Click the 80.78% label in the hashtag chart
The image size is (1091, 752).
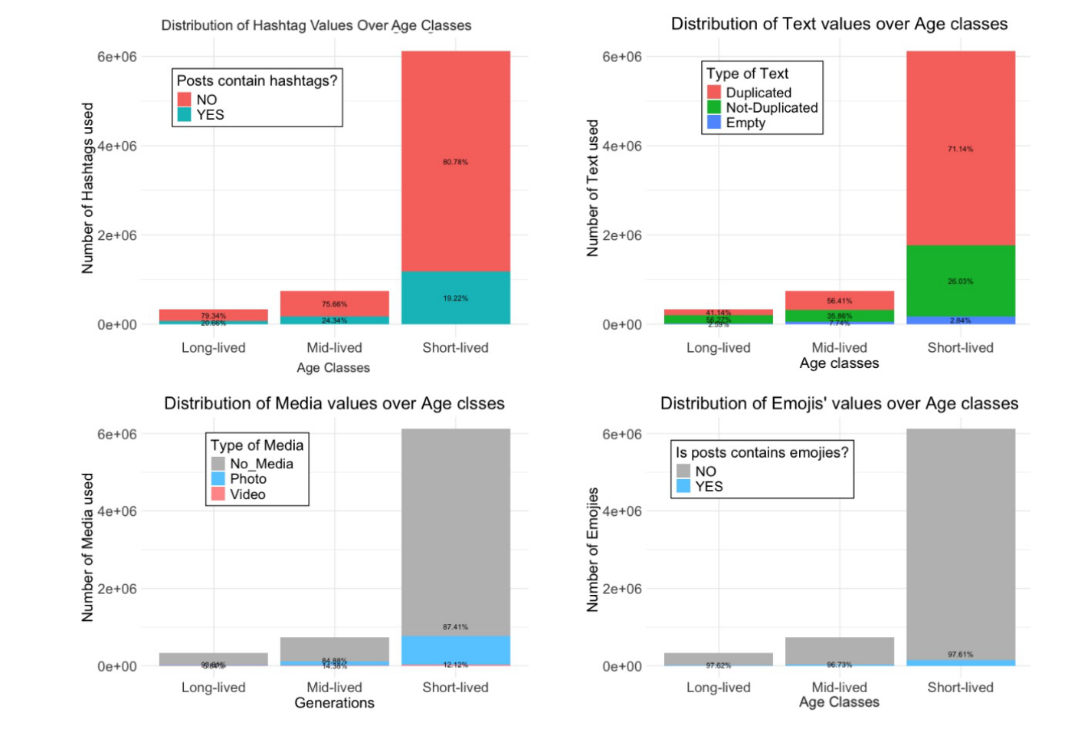tap(455, 162)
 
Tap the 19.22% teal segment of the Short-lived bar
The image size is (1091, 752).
tap(455, 298)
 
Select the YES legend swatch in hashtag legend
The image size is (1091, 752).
tap(184, 115)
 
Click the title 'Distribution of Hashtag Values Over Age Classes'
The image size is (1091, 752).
tap(316, 25)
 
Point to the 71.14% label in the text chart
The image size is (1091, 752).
tap(960, 149)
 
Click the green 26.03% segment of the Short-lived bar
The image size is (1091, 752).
tap(960, 281)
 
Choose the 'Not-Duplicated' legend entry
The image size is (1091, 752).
tap(772, 108)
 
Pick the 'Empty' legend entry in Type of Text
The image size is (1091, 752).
tap(745, 123)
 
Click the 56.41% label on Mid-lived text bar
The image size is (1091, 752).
tap(839, 300)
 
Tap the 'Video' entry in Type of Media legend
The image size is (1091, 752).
tap(247, 494)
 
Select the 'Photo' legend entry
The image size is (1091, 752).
tap(248, 479)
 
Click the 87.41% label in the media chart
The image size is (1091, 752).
tap(455, 627)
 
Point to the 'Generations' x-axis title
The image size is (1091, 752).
tap(334, 703)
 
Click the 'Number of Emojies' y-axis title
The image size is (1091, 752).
tap(592, 550)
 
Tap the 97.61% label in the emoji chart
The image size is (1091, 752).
tap(960, 655)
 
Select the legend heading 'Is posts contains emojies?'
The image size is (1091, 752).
tap(762, 452)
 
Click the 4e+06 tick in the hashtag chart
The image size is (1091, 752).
tap(116, 146)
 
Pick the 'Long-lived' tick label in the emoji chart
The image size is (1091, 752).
tap(718, 688)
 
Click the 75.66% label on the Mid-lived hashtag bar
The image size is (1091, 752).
tap(334, 304)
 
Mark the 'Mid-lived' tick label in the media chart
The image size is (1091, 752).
tap(334, 688)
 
